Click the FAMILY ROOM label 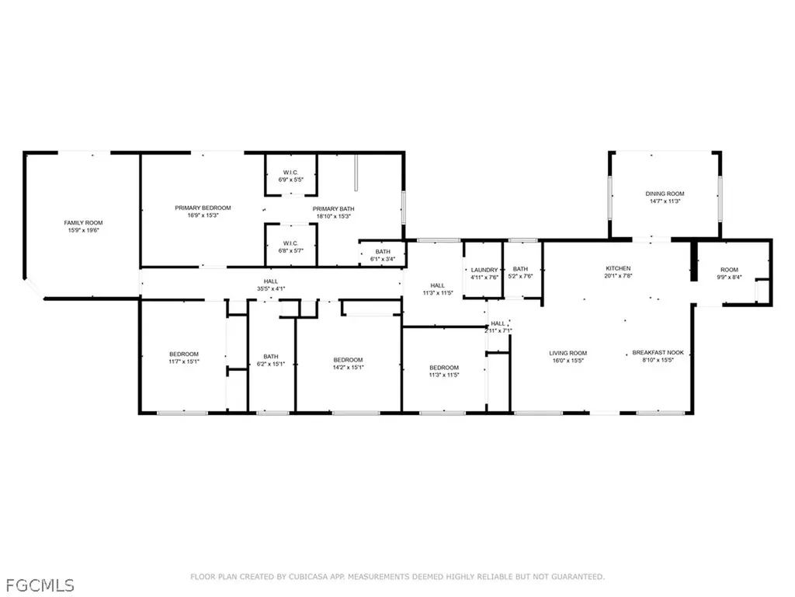tap(83, 223)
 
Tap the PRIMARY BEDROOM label tap(203, 208)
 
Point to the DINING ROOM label tap(665, 194)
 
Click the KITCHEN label tap(619, 268)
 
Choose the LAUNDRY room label tap(484, 270)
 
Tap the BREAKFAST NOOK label tap(652, 353)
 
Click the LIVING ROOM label tap(568, 353)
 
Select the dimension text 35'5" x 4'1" tap(270, 289)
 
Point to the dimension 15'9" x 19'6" tap(83, 230)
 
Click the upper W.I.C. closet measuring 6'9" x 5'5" tap(290, 176)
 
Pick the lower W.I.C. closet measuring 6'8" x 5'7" tap(290, 246)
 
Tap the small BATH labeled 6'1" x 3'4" tap(383, 255)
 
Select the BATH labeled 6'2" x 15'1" tap(271, 361)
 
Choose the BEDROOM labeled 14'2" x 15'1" tap(348, 363)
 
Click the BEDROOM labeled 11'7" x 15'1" tap(184, 358)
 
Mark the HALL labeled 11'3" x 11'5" tap(438, 289)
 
